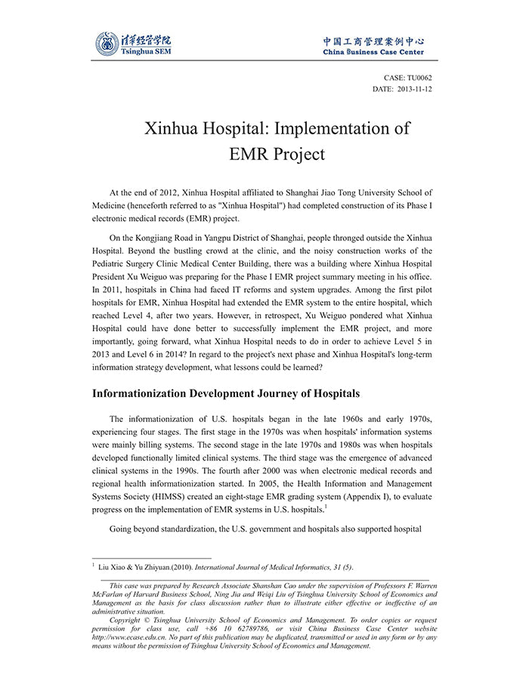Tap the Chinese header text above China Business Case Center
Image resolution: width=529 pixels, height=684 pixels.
click(x=373, y=42)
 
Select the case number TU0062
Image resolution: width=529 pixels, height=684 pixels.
click(x=419, y=77)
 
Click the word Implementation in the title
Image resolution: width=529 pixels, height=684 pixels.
click(x=329, y=128)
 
